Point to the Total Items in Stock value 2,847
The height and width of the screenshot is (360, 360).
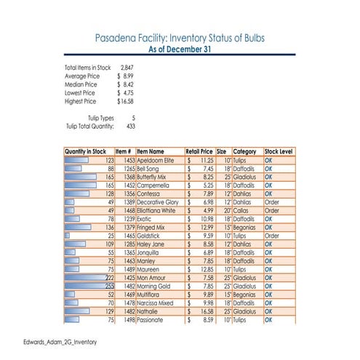[x=127, y=68]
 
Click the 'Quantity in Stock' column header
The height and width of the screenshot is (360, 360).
[x=87, y=151]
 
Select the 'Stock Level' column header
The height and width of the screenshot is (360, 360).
[x=278, y=151]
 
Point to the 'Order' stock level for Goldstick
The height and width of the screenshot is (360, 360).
[x=271, y=236]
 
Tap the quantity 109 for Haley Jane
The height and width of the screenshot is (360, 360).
[x=108, y=244]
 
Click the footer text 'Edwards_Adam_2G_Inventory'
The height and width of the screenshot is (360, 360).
[x=58, y=341]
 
